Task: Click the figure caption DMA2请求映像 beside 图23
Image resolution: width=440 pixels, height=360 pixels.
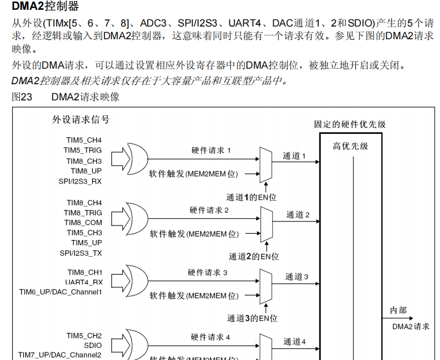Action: (85, 97)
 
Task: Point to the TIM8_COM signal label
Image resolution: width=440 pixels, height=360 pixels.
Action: (83, 223)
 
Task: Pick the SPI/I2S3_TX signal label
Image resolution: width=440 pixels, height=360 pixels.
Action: (80, 253)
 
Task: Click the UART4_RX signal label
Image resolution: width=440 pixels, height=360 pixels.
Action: (84, 282)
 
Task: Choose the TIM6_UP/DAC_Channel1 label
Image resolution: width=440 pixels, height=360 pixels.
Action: (61, 292)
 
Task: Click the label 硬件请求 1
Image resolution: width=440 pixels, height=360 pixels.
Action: (211, 151)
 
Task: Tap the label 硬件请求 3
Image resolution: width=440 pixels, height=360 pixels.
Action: (208, 272)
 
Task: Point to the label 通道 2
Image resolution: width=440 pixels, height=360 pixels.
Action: (298, 215)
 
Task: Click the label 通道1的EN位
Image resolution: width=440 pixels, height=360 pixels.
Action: (251, 197)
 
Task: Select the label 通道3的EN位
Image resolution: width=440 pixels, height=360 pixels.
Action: (253, 318)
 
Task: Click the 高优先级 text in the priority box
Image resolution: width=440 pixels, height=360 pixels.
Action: (350, 146)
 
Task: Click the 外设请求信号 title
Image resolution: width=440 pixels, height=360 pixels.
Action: (81, 120)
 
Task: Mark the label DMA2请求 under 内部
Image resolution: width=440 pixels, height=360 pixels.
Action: (411, 327)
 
